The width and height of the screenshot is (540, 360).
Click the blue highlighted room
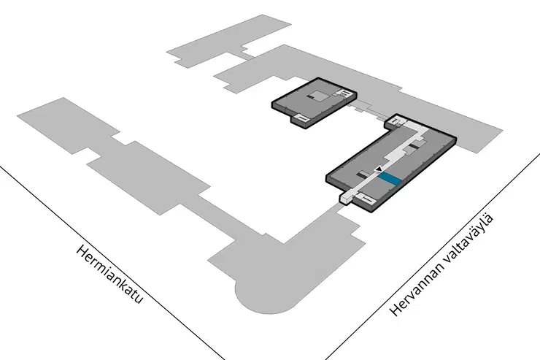pyautogui.click(x=390, y=178)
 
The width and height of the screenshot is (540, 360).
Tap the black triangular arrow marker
pyautogui.click(x=379, y=169)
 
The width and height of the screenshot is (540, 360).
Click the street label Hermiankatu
pyautogui.click(x=109, y=275)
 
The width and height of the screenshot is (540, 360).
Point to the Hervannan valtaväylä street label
pyautogui.click(x=441, y=265)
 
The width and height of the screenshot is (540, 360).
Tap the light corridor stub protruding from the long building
pyautogui.click(x=347, y=198)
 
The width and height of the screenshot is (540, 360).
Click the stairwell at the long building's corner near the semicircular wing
pyautogui.click(x=365, y=198)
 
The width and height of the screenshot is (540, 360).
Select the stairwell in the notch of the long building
pyautogui.click(x=396, y=121)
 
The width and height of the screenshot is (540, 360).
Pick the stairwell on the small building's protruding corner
pyautogui.click(x=301, y=118)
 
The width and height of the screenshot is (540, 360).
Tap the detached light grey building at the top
pyautogui.click(x=229, y=41)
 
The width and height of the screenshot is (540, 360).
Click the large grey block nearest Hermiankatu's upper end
pyautogui.click(x=69, y=126)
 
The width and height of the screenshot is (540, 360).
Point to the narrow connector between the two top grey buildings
pyautogui.click(x=247, y=55)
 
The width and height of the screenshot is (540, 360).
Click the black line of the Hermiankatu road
pyautogui.click(x=112, y=262)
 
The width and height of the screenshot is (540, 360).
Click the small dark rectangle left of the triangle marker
pyautogui.click(x=362, y=175)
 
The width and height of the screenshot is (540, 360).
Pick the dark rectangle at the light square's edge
pyautogui.click(x=311, y=98)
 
